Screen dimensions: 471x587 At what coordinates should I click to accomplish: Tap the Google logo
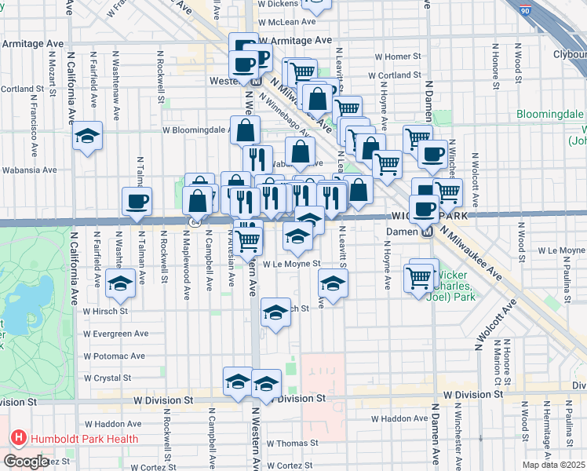26,462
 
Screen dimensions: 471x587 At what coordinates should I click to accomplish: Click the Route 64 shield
193,222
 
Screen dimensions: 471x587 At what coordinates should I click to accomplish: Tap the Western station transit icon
256,81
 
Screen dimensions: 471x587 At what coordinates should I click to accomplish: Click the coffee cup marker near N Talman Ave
137,201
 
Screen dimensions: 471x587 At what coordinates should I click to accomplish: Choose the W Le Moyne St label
292,265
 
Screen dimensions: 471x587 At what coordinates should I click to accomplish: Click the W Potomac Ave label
115,356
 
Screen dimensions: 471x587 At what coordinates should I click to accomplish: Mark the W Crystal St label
108,378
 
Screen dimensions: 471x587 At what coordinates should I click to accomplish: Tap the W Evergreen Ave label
115,333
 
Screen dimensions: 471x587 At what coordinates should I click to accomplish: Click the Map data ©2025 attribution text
553,464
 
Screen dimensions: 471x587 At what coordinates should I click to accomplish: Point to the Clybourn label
570,54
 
